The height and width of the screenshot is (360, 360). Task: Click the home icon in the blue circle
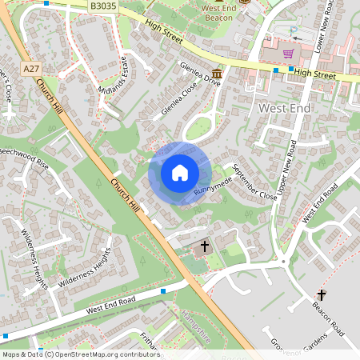180,173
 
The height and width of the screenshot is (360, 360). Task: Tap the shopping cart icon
288,54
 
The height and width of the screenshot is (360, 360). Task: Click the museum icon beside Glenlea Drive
217,72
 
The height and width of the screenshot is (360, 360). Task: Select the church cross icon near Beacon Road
322,295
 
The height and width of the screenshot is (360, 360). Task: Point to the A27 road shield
31,70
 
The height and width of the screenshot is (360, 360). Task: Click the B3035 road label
102,6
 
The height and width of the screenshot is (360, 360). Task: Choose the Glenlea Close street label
179,102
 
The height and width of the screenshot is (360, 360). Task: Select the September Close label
254,182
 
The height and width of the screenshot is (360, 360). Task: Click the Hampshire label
196,327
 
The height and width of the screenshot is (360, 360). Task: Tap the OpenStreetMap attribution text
80,354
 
